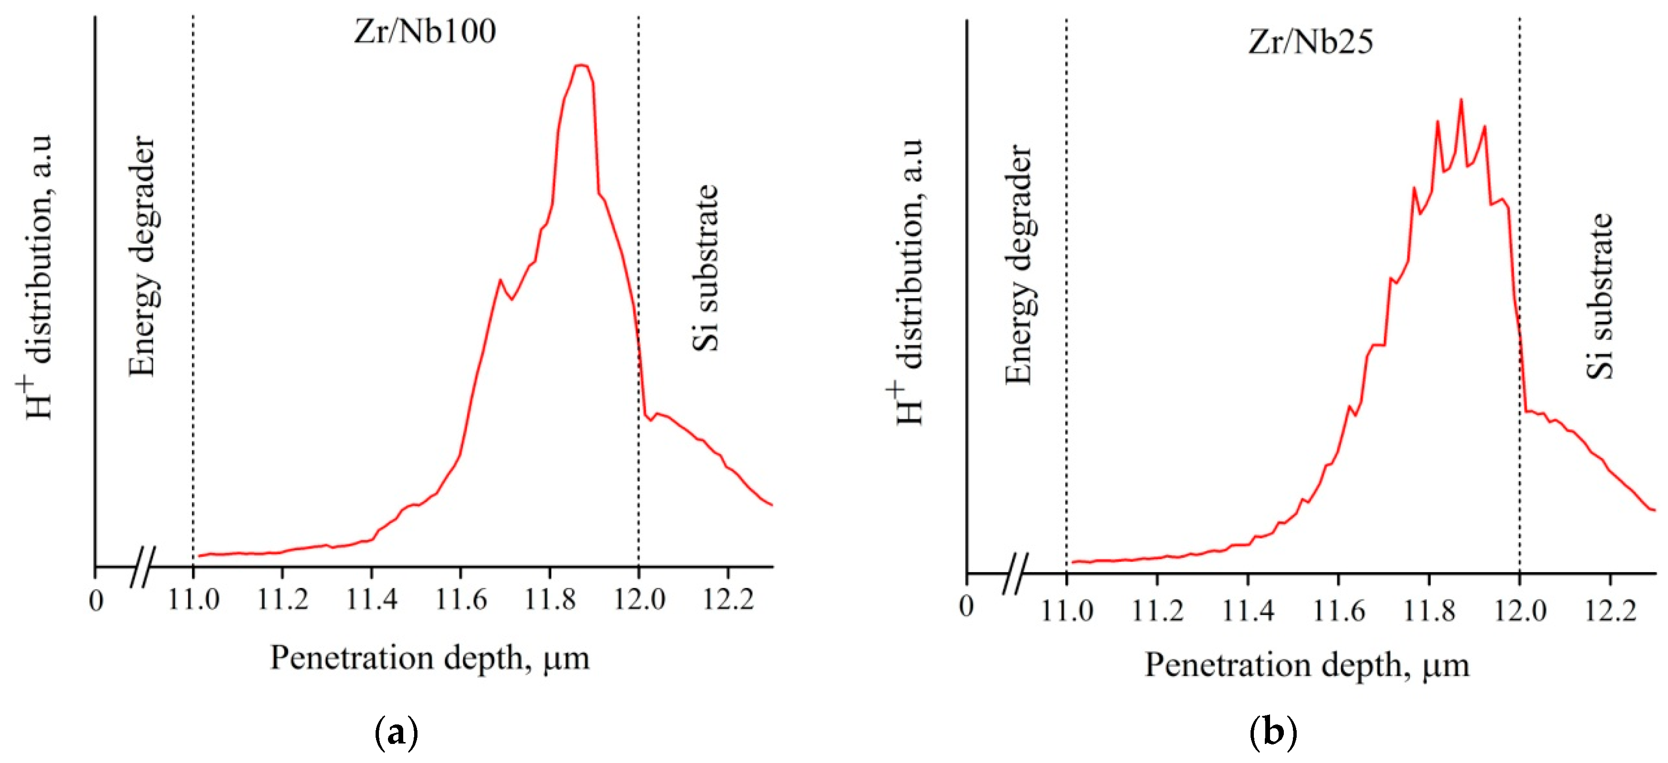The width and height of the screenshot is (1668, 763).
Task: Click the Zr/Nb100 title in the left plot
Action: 425,31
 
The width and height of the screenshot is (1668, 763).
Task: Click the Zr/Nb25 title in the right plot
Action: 1310,42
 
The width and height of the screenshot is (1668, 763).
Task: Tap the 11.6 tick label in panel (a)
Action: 460,600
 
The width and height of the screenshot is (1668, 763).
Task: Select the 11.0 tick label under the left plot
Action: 193,600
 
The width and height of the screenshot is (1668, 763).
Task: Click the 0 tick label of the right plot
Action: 966,607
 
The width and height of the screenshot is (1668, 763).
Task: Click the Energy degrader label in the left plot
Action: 142,256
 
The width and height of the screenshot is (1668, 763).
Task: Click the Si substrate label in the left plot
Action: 706,268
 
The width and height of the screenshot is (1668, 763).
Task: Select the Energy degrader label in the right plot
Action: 1019,264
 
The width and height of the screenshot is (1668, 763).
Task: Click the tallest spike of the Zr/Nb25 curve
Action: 1461,100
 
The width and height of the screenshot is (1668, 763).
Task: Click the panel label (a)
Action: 396,733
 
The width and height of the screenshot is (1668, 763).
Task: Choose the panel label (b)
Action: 1272,733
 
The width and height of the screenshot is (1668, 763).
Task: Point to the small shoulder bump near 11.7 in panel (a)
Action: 500,280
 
